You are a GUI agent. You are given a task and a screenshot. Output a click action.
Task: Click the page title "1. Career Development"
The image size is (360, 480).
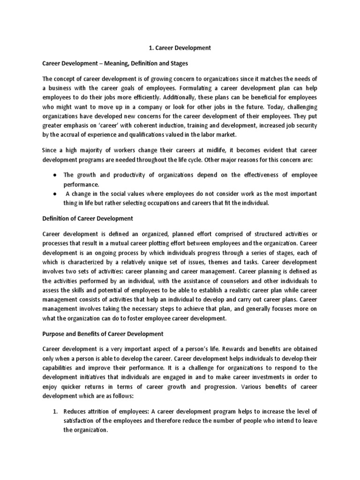(180, 48)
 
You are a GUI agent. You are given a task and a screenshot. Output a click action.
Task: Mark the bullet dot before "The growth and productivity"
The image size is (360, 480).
(55, 175)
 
